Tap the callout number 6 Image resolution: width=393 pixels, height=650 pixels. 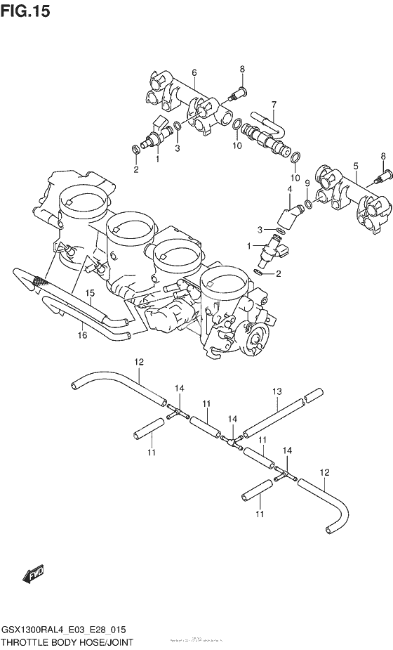(x=194, y=72)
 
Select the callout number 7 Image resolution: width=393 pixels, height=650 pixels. (x=274, y=103)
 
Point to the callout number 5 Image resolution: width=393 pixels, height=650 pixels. (x=356, y=166)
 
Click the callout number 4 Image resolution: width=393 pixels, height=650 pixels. (x=289, y=189)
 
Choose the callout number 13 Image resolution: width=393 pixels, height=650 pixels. (x=277, y=391)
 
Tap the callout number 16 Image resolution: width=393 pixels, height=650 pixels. (x=82, y=336)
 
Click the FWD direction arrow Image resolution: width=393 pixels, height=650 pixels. (x=34, y=576)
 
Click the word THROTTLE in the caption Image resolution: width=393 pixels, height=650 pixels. (x=28, y=642)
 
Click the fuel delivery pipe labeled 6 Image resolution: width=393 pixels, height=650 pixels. (x=189, y=102)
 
